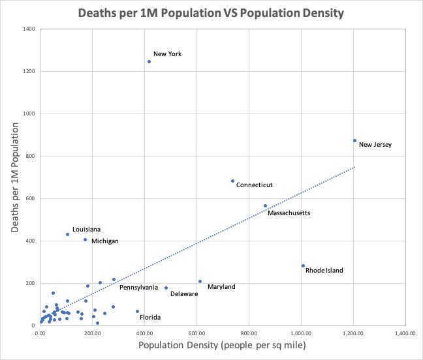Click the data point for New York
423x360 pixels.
(x=149, y=62)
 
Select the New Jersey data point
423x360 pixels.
(x=354, y=140)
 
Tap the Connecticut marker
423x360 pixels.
(x=232, y=181)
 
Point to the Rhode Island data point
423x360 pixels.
(x=303, y=265)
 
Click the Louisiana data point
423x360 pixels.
(x=67, y=234)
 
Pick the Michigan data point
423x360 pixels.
(x=85, y=239)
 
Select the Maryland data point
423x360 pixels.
(x=200, y=282)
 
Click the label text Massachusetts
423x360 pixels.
(x=289, y=213)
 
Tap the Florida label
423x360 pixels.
(x=150, y=318)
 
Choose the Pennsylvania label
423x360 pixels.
(x=138, y=287)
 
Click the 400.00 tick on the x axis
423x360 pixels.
(x=144, y=333)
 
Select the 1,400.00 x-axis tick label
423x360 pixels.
(x=405, y=333)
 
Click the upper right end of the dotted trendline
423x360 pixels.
(x=355, y=166)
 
